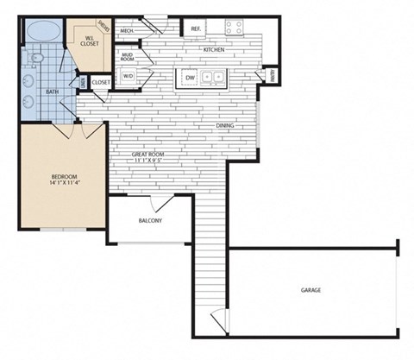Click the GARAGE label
pyautogui.click(x=310, y=290)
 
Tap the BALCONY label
pyautogui.click(x=150, y=221)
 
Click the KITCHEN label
pyautogui.click(x=214, y=49)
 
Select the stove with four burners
pyautogui.click(x=235, y=27)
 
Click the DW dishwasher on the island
pyautogui.click(x=190, y=78)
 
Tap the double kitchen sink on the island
pyautogui.click(x=212, y=78)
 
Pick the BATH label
pyautogui.click(x=52, y=92)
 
